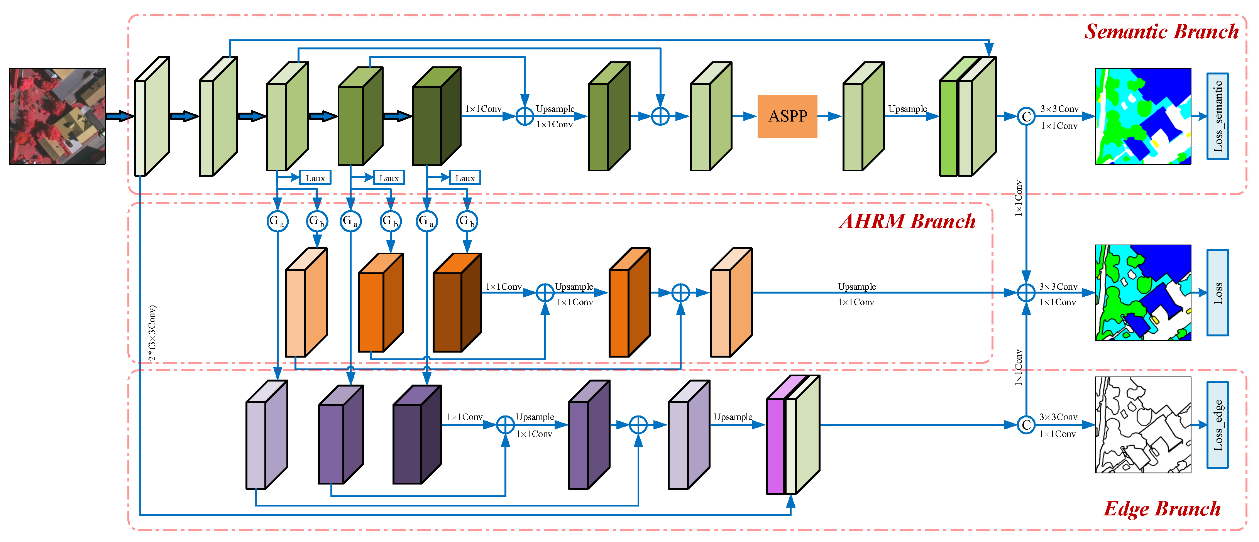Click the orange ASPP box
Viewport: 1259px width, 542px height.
pyautogui.click(x=787, y=116)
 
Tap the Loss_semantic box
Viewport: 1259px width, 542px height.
pyautogui.click(x=1217, y=116)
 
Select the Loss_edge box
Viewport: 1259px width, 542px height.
pyautogui.click(x=1217, y=425)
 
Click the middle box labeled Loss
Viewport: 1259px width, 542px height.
pyautogui.click(x=1217, y=293)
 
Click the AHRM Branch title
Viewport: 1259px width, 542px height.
pyautogui.click(x=908, y=221)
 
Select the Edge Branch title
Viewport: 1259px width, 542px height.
pyautogui.click(x=1162, y=509)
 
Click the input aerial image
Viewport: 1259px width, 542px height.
pyautogui.click(x=57, y=116)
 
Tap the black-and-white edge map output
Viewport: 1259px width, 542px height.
pyautogui.click(x=1143, y=425)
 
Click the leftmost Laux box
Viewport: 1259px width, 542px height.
pyautogui.click(x=315, y=178)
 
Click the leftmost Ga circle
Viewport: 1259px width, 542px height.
pyautogui.click(x=277, y=221)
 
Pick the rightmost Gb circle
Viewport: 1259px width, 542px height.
pyautogui.click(x=467, y=221)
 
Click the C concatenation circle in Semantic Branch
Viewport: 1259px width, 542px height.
pyautogui.click(x=1026, y=116)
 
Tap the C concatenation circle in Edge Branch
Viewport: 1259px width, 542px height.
pyautogui.click(x=1026, y=425)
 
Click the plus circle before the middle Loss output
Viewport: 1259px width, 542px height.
pyautogui.click(x=1026, y=293)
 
